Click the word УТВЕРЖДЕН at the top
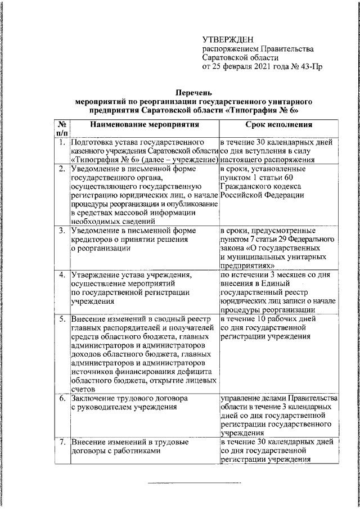(x=228, y=39)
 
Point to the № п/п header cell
(x=61, y=129)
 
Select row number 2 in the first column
(x=61, y=169)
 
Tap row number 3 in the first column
(x=61, y=231)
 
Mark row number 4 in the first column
(x=61, y=275)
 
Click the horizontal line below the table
(x=193, y=483)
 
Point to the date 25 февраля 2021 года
(x=247, y=66)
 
